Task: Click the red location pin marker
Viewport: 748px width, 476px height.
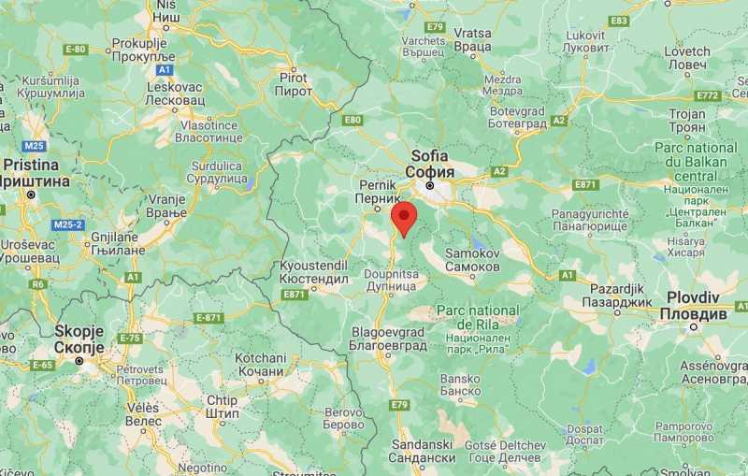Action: point(403,219)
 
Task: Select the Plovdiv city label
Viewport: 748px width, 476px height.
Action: point(693,305)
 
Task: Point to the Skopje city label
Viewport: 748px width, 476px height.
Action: point(79,339)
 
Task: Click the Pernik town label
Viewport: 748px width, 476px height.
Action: point(380,193)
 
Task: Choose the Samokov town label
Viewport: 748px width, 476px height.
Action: point(472,260)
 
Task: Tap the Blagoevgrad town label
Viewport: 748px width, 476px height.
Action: point(387,338)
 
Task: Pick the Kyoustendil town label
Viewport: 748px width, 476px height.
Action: point(314,272)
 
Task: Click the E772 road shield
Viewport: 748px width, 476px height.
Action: point(708,96)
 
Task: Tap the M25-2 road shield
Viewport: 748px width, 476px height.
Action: point(68,225)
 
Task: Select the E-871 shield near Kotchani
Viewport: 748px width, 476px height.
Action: point(209,318)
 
